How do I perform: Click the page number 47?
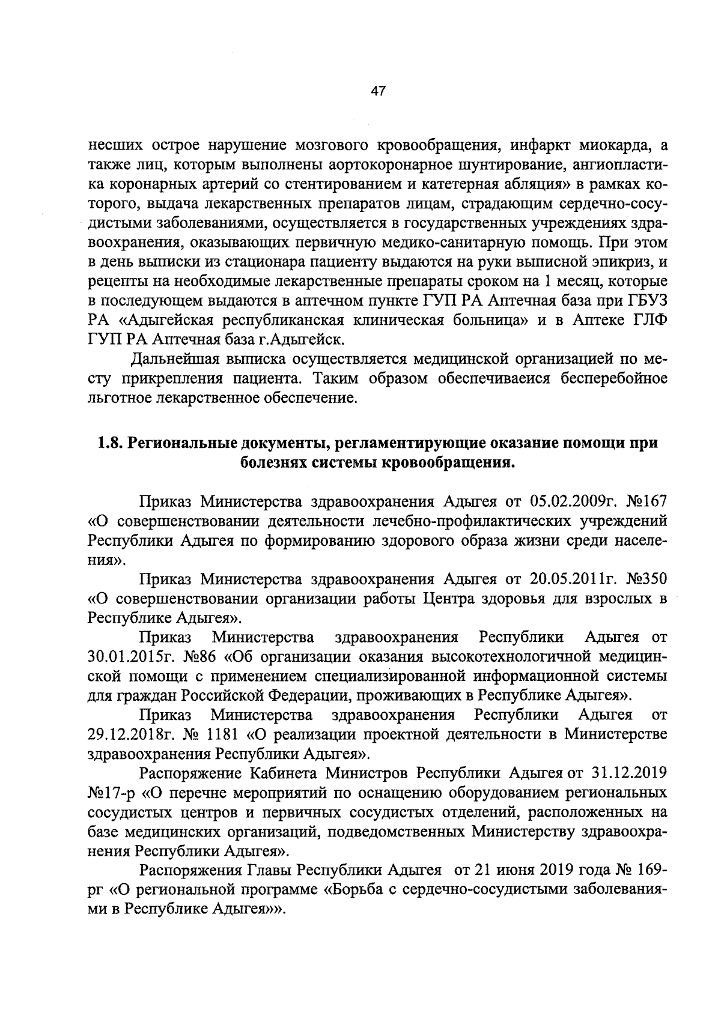[x=378, y=91]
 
